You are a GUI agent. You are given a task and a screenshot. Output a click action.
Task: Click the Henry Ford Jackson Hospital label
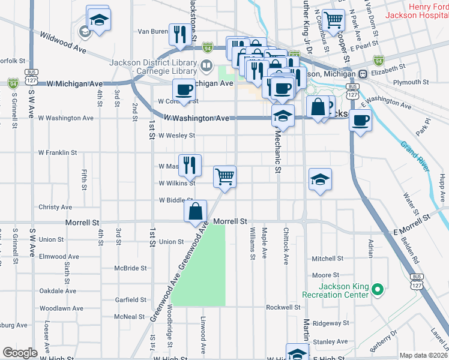pyautogui.click(x=416, y=11)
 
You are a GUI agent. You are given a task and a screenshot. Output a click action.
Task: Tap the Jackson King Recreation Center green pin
pyautogui.click(x=377, y=290)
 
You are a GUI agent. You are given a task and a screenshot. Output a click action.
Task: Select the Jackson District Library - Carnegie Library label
pyautogui.click(x=152, y=66)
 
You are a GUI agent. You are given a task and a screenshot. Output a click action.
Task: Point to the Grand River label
pyautogui.click(x=414, y=154)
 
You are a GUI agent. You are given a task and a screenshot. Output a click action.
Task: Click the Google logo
pyautogui.click(x=20, y=353)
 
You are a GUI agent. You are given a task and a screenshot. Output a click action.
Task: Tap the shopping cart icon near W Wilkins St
pyautogui.click(x=224, y=176)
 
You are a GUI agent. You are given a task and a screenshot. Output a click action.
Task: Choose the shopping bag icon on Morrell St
pyautogui.click(x=196, y=211)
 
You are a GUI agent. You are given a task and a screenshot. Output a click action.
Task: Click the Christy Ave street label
pyautogui.click(x=55, y=207)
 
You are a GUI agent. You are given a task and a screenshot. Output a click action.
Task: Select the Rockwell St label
pyautogui.click(x=283, y=307)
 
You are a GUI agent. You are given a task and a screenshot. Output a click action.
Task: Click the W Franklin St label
pyautogui.click(x=58, y=153)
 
